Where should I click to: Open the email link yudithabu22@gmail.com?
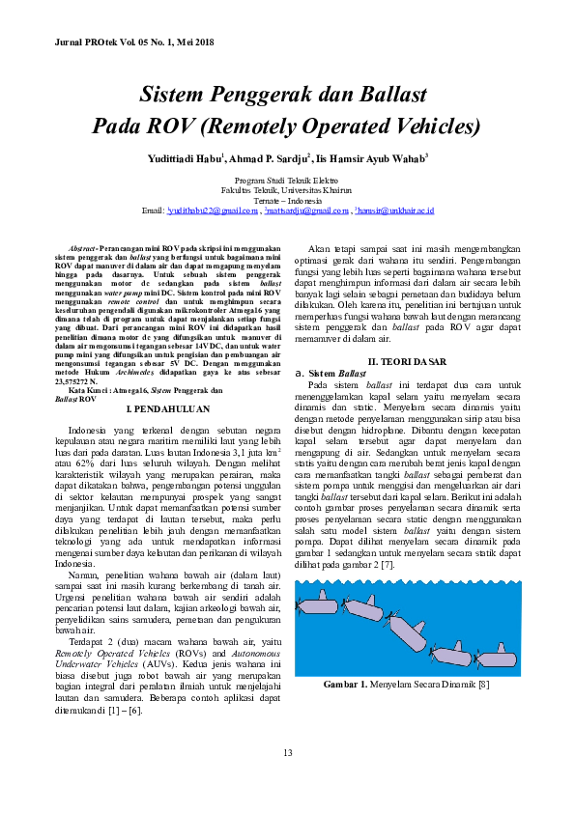coord(215,210)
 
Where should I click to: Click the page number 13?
coord(287,753)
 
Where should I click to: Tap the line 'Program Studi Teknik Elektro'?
coord(287,181)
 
